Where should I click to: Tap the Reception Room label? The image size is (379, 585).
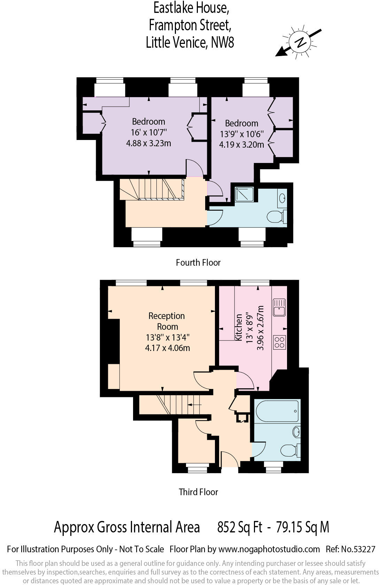[167, 321]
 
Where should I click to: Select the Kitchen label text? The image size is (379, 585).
[239, 327]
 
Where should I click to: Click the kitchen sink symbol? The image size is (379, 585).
[279, 307]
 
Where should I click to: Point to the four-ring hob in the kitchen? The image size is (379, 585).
[279, 342]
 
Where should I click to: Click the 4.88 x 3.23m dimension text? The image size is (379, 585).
[148, 143]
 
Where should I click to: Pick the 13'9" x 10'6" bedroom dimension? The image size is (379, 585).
[241, 134]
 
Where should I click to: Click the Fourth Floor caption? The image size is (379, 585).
[198, 263]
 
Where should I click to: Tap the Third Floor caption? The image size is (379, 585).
[198, 492]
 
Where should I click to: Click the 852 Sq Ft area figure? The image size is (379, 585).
[240, 527]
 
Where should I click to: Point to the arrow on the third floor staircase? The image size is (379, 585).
[194, 405]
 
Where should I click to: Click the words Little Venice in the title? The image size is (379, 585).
[176, 42]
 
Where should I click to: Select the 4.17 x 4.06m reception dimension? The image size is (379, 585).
[167, 348]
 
